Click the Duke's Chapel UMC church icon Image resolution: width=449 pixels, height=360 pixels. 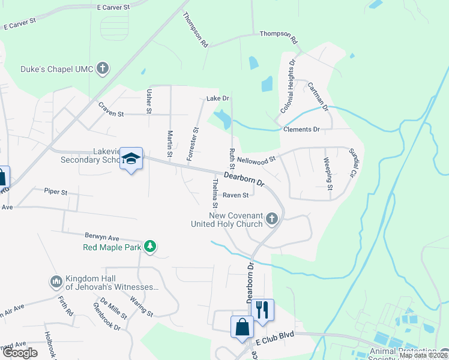(x=103, y=68)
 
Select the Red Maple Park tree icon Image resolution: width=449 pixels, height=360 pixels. (x=150, y=247)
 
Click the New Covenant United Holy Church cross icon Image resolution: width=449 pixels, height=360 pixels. (x=272, y=219)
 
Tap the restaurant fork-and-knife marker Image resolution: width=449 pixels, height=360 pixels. (x=262, y=310)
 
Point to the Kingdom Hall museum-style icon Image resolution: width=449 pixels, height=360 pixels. (x=56, y=281)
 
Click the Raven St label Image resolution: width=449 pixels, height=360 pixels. (x=235, y=195)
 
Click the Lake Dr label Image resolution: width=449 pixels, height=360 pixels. (x=218, y=98)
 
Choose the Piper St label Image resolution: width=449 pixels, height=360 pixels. (x=56, y=192)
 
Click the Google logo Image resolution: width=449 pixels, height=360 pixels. (x=20, y=353)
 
